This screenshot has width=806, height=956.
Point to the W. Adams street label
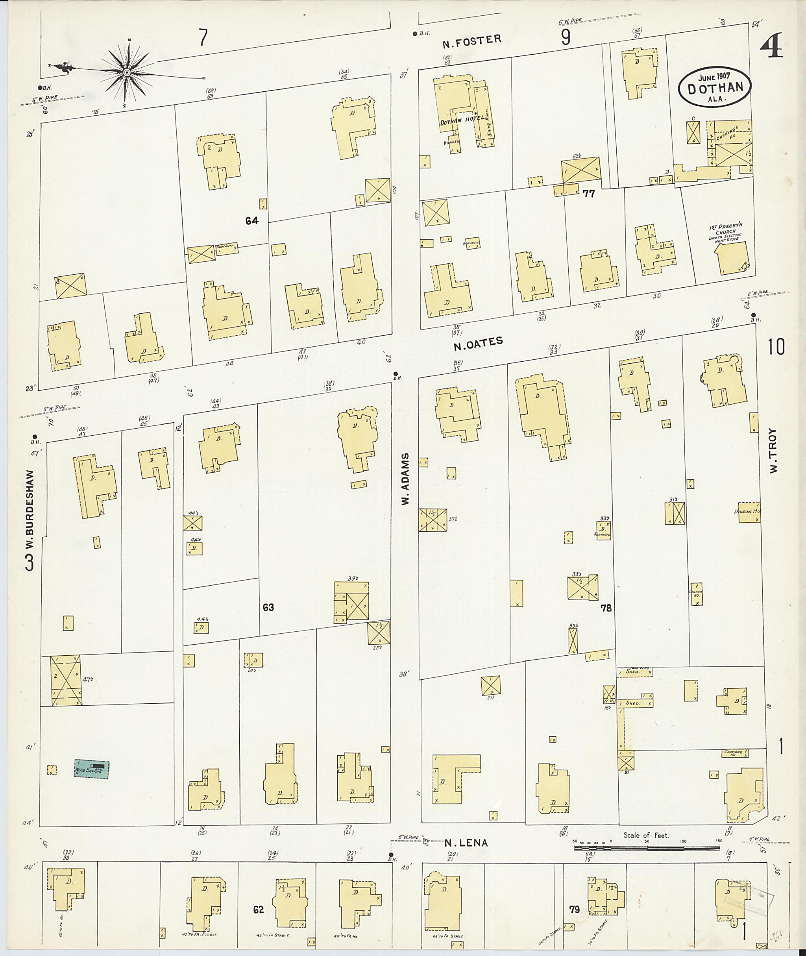[x=405, y=479]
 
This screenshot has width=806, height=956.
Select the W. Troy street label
[x=773, y=450]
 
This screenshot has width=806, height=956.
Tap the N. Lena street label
[x=466, y=843]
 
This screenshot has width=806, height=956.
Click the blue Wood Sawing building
[x=92, y=769]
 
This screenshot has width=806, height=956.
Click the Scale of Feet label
[x=645, y=835]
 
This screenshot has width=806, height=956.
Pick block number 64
[x=252, y=221]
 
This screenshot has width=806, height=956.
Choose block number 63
[x=268, y=607]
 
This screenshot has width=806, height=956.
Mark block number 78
[x=606, y=608]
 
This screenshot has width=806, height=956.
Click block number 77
[x=589, y=194]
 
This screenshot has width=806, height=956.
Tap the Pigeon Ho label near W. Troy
[x=747, y=512]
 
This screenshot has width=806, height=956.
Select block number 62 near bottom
[x=259, y=910]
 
